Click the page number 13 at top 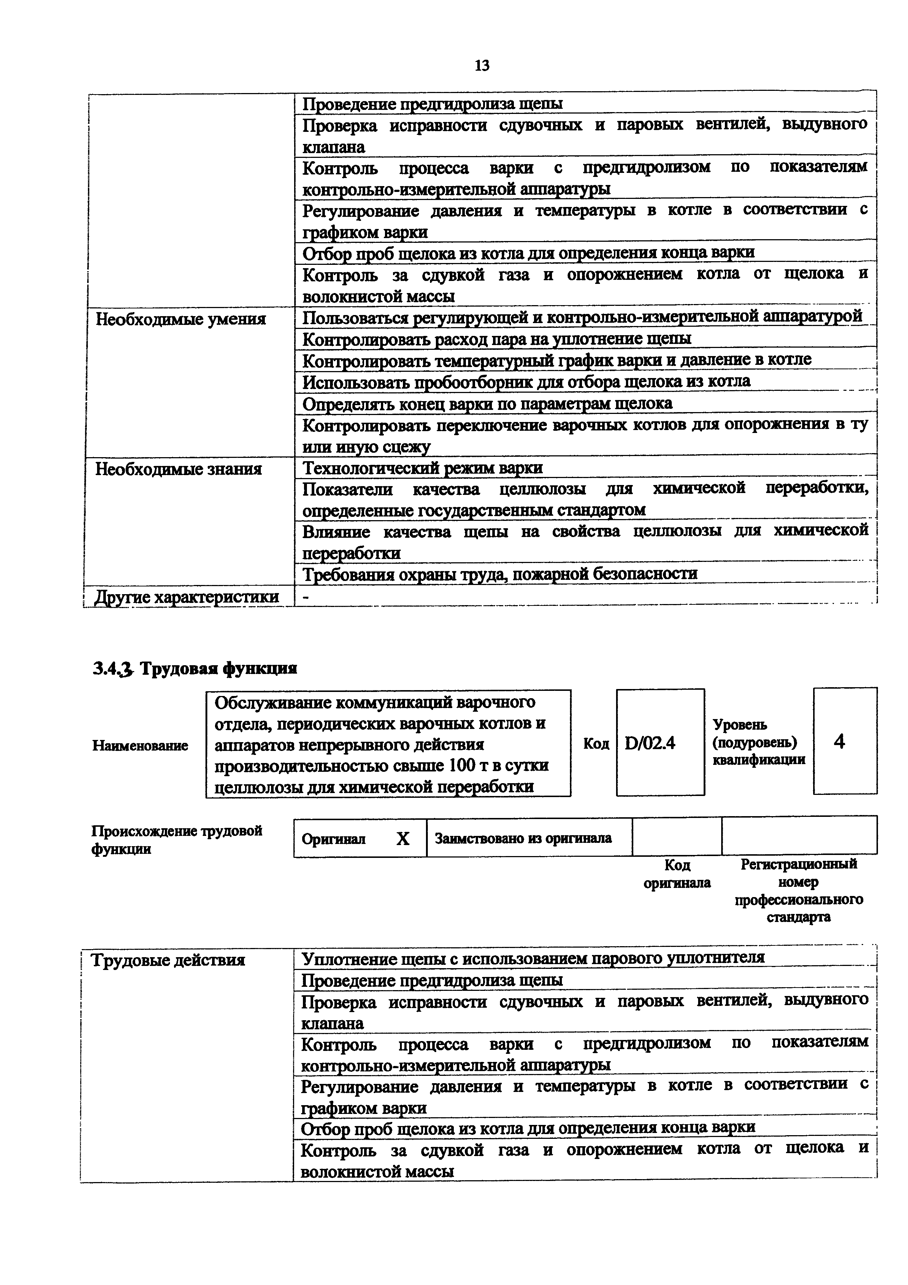(x=481, y=66)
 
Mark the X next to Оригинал (x=403, y=838)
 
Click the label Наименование (x=140, y=745)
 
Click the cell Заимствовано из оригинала (x=523, y=838)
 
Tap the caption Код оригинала (x=677, y=874)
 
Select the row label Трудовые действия (x=168, y=960)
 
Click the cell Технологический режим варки (x=422, y=467)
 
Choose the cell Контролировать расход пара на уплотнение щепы (x=496, y=338)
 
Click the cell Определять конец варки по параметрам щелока (x=487, y=404)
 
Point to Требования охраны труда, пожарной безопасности (x=500, y=574)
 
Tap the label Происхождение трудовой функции (x=176, y=840)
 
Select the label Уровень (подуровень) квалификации (x=758, y=742)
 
